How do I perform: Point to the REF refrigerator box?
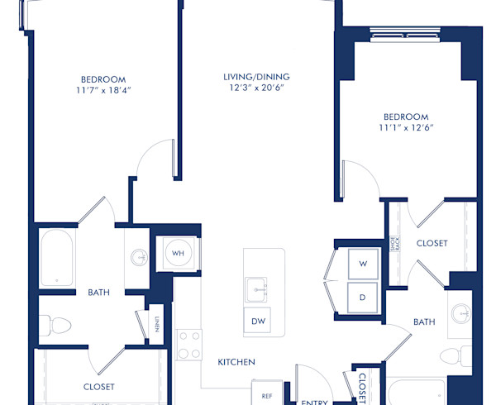pyautogui.click(x=267, y=396)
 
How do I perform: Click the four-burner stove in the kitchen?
pyautogui.click(x=188, y=343)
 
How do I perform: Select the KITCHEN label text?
pyautogui.click(x=236, y=362)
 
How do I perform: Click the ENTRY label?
pyautogui.click(x=313, y=401)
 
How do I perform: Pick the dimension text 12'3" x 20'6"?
pyautogui.click(x=256, y=90)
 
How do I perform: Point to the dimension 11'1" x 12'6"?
pyautogui.click(x=406, y=128)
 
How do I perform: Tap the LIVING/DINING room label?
pyautogui.click(x=256, y=77)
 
